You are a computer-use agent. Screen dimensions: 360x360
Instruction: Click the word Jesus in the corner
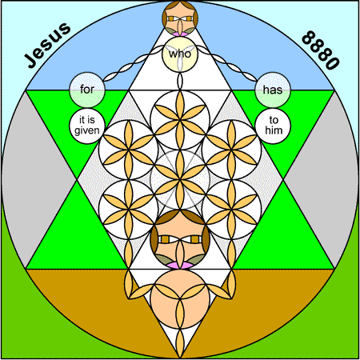47,45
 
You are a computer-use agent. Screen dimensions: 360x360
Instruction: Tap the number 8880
321,50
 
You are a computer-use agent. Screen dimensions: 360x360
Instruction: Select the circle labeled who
180,54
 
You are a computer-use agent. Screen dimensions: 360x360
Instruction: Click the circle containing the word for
87,90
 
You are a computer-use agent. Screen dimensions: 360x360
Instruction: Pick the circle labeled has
273,90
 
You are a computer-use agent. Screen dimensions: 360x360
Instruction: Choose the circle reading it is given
87,126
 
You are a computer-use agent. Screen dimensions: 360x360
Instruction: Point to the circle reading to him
273,126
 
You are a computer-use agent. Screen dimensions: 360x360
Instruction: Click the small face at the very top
180,18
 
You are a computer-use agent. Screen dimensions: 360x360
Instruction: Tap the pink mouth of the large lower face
180,265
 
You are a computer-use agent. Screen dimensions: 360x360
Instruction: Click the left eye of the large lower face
165,239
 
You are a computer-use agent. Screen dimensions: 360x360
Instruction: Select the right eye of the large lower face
195,239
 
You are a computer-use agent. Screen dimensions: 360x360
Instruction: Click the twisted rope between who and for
134,64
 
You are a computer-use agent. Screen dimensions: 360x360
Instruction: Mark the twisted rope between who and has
227,64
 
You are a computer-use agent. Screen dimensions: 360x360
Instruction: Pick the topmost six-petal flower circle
180,119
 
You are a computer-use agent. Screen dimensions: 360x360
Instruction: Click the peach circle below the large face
180,299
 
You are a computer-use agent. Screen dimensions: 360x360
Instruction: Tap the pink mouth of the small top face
180,34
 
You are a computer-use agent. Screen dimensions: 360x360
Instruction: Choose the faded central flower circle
180,179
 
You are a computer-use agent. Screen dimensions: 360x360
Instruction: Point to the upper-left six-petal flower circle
128,150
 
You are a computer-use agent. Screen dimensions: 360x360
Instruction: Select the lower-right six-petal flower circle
232,209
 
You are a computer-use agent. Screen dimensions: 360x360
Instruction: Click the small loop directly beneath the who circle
180,81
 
